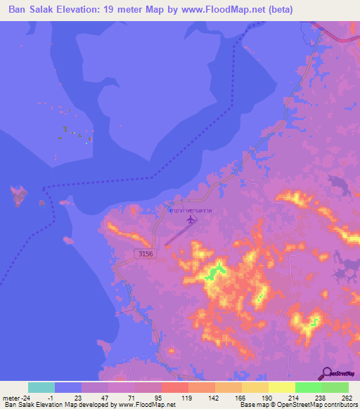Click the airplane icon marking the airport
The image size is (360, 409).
(191, 220)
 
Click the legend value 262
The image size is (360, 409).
(347, 398)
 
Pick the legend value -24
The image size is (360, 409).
(25, 398)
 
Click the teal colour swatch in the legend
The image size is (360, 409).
(41, 387)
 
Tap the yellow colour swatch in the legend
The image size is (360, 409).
(281, 387)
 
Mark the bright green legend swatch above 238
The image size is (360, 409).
(308, 387)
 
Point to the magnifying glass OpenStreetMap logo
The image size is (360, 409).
(328, 373)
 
